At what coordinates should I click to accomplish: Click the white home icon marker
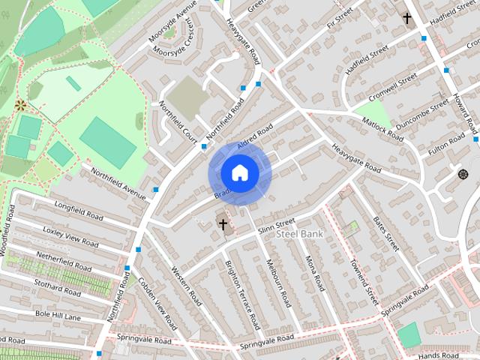pyautogui.click(x=240, y=172)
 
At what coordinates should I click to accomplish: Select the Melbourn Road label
pyautogui.click(x=278, y=283)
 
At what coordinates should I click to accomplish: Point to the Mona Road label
pyautogui.click(x=314, y=274)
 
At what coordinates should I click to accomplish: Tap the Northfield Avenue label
pyautogui.click(x=118, y=183)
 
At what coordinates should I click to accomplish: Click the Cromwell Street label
pyautogui.click(x=393, y=89)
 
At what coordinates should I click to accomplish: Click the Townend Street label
pyautogui.click(x=365, y=281)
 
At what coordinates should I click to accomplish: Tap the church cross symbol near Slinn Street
pyautogui.click(x=223, y=223)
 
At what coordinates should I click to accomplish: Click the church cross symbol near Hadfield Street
pyautogui.click(x=407, y=17)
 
